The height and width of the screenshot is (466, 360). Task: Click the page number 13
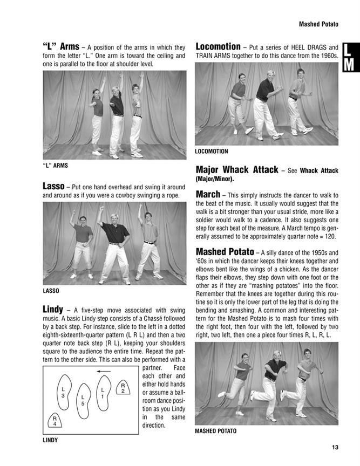tap(335, 447)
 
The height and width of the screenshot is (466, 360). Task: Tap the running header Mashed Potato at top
tap(318, 24)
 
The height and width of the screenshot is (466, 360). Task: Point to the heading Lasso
tap(55, 186)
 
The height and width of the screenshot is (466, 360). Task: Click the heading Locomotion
tap(218, 46)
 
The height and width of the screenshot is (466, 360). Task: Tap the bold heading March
tap(208, 194)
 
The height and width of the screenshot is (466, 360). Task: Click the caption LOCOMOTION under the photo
tap(212, 152)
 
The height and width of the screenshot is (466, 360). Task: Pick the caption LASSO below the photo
tap(51, 291)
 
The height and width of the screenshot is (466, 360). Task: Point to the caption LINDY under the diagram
tap(50, 440)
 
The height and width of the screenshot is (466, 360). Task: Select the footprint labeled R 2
tap(123, 388)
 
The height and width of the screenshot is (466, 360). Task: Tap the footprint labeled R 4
tap(55, 421)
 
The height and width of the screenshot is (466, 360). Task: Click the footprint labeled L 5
tap(83, 400)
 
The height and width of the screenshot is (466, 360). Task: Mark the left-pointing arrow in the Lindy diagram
tap(104, 371)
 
